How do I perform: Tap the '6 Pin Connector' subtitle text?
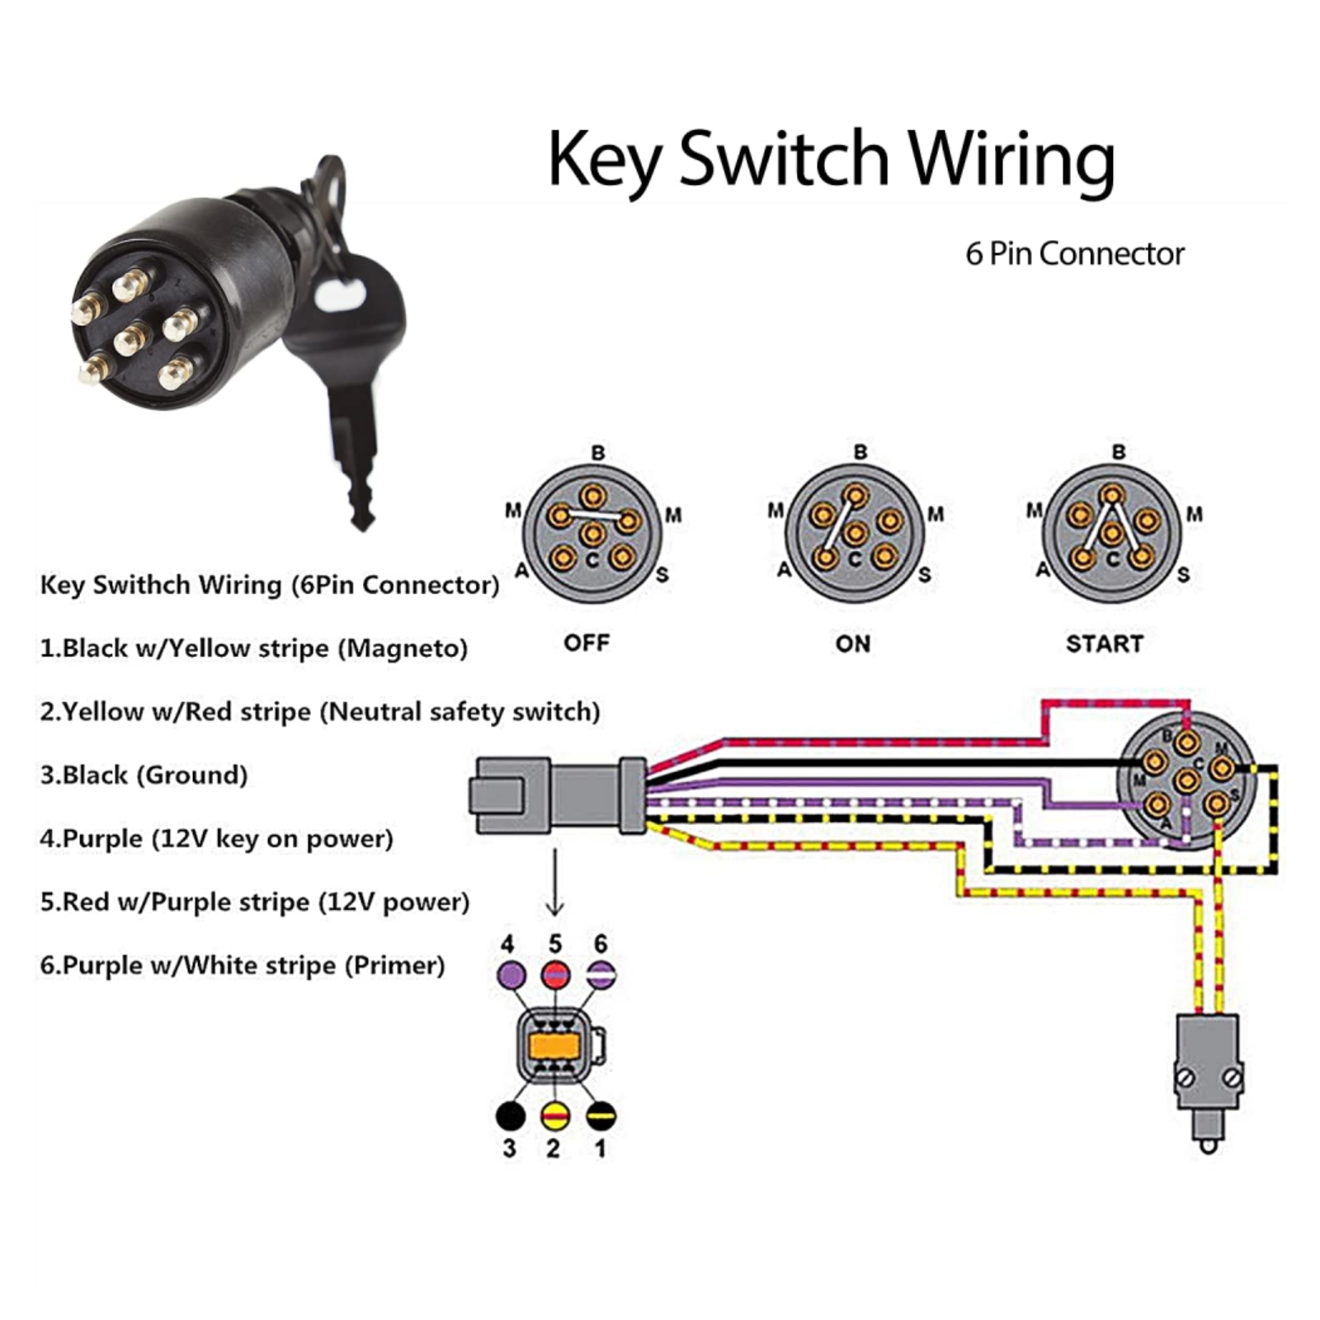pos(1074,253)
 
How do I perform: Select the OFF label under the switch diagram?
pos(587,643)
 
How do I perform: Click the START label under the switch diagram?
pos(1104,643)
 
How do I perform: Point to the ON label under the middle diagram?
pos(852,643)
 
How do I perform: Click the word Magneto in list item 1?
pos(403,648)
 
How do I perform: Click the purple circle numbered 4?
pos(511,975)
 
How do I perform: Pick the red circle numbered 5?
pos(555,975)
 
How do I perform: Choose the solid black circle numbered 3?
pos(511,1116)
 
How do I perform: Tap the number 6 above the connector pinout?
pos(601,944)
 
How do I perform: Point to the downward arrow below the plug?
pos(555,883)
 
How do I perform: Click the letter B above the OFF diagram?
pos(598,453)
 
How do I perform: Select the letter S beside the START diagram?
pos(1183,574)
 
